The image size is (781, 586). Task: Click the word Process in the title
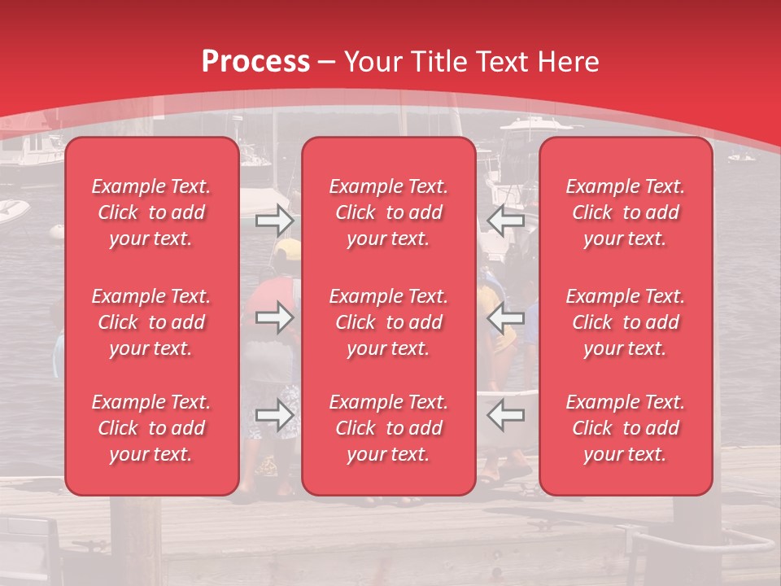tap(255, 62)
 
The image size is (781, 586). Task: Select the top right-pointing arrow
tap(274, 221)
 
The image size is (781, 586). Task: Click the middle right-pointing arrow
tap(274, 317)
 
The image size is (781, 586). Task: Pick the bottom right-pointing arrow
tap(274, 416)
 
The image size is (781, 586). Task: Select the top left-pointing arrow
tap(506, 221)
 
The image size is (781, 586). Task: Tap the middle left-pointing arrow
tap(506, 317)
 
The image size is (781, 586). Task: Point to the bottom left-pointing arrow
tap(506, 416)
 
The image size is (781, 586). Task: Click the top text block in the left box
tap(151, 212)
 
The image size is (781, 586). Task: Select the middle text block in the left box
tap(151, 322)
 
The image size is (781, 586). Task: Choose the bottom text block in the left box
tap(151, 428)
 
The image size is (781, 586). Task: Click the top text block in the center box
tap(388, 212)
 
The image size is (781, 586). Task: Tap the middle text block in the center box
tap(388, 322)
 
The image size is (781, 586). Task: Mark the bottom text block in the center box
tap(388, 428)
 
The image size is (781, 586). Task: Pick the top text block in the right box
tap(625, 212)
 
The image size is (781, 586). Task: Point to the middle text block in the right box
tap(625, 322)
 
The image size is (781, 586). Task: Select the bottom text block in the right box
tap(625, 428)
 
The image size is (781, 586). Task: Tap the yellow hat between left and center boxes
tap(286, 248)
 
